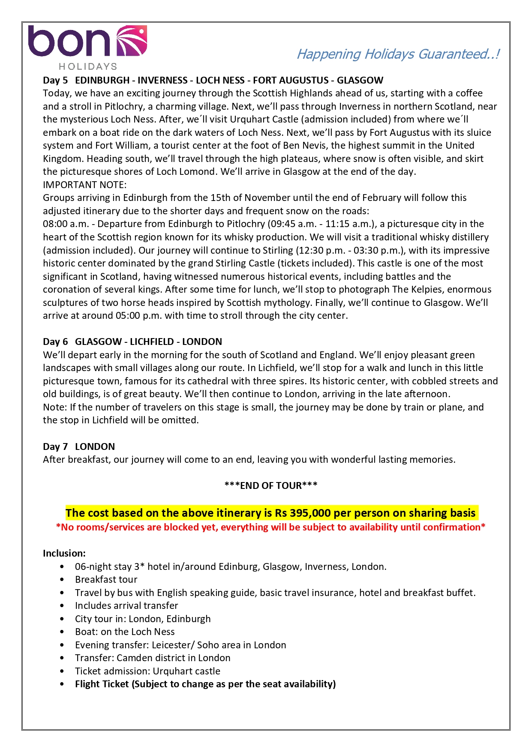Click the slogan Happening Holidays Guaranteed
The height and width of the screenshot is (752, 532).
point(398,54)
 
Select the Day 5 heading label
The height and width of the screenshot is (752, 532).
point(55,80)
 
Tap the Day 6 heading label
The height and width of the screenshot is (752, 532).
point(55,342)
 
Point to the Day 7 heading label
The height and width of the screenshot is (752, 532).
point(55,446)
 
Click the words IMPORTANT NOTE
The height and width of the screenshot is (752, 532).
point(84,185)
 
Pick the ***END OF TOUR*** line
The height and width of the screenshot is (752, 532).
point(271,485)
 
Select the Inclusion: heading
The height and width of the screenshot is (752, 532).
point(64,553)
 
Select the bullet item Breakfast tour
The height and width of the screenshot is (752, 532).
point(106,579)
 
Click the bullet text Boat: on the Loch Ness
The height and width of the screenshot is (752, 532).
point(125,632)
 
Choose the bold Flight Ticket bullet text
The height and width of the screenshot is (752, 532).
point(205,684)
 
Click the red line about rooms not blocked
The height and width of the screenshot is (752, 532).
point(271,527)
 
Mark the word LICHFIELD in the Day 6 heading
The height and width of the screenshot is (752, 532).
point(152,342)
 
